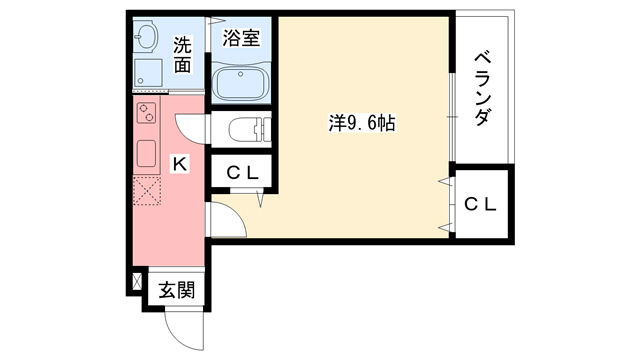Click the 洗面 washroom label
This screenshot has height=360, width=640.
coord(182,54)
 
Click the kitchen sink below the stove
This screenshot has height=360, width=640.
coord(146,154)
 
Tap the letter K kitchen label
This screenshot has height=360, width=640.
coord(180,163)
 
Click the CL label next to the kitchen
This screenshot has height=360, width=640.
coord(242,173)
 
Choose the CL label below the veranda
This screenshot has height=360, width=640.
coord(480,204)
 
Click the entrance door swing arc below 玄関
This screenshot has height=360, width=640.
coord(179,327)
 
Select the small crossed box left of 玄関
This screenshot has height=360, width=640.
coord(136,283)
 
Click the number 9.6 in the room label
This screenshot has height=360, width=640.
coord(364,123)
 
